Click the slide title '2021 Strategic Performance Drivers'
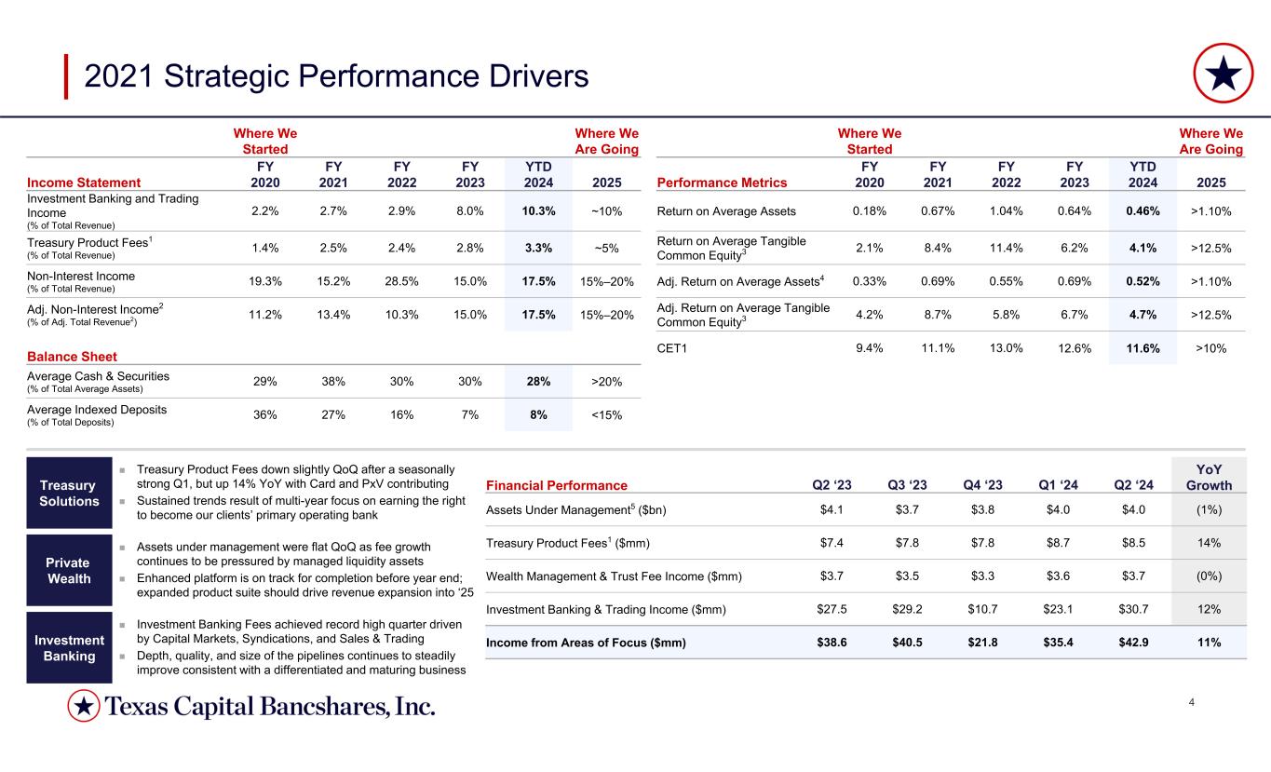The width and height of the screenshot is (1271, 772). (336, 75)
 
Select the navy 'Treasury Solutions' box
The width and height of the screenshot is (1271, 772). (69, 493)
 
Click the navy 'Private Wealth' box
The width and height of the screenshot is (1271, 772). (69, 570)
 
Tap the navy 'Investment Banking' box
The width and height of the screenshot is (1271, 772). (69, 647)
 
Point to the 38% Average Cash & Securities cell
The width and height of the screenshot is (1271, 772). (332, 381)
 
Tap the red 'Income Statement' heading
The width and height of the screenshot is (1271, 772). (85, 183)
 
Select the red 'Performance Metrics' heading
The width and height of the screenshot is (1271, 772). (722, 183)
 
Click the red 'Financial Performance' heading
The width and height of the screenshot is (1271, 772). (557, 485)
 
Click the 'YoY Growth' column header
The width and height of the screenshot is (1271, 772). (1210, 478)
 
